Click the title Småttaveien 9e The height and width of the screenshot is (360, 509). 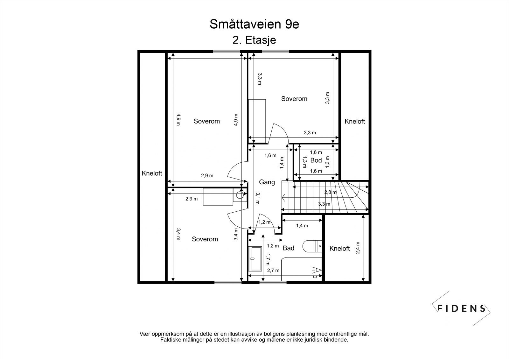254,25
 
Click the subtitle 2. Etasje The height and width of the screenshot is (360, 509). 254,40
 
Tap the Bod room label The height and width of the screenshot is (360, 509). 316,160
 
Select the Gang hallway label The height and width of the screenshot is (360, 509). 267,182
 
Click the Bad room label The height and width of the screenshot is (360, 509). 289,248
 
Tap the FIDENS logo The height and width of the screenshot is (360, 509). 461,308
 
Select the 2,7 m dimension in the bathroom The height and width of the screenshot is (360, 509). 273,271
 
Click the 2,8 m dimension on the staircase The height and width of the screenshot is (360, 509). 330,192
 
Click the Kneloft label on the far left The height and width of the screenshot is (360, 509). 152,173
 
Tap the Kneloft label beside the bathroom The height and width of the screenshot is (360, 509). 339,249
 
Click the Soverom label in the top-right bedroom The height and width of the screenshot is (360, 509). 294,99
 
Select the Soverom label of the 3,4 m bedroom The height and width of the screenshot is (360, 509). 205,239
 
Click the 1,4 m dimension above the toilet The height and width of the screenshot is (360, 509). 302,226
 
